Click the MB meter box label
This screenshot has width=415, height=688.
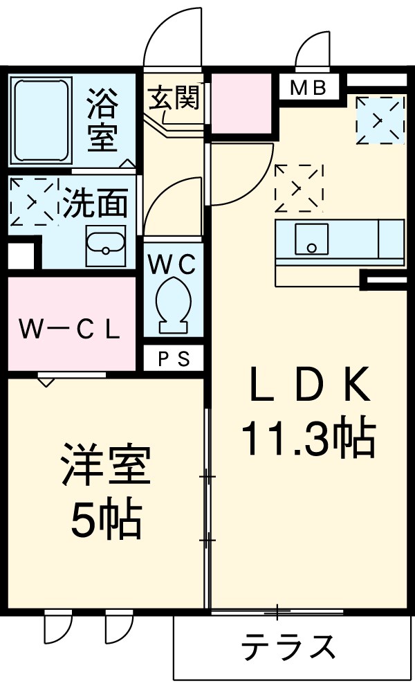(x=308, y=89)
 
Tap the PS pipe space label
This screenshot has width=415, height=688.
(x=173, y=359)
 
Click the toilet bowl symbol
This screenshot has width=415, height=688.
(x=173, y=305)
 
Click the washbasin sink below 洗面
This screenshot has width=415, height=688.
(x=105, y=246)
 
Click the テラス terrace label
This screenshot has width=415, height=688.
(x=289, y=647)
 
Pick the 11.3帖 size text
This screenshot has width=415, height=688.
(x=308, y=436)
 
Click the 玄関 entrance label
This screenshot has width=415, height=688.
(x=173, y=98)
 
